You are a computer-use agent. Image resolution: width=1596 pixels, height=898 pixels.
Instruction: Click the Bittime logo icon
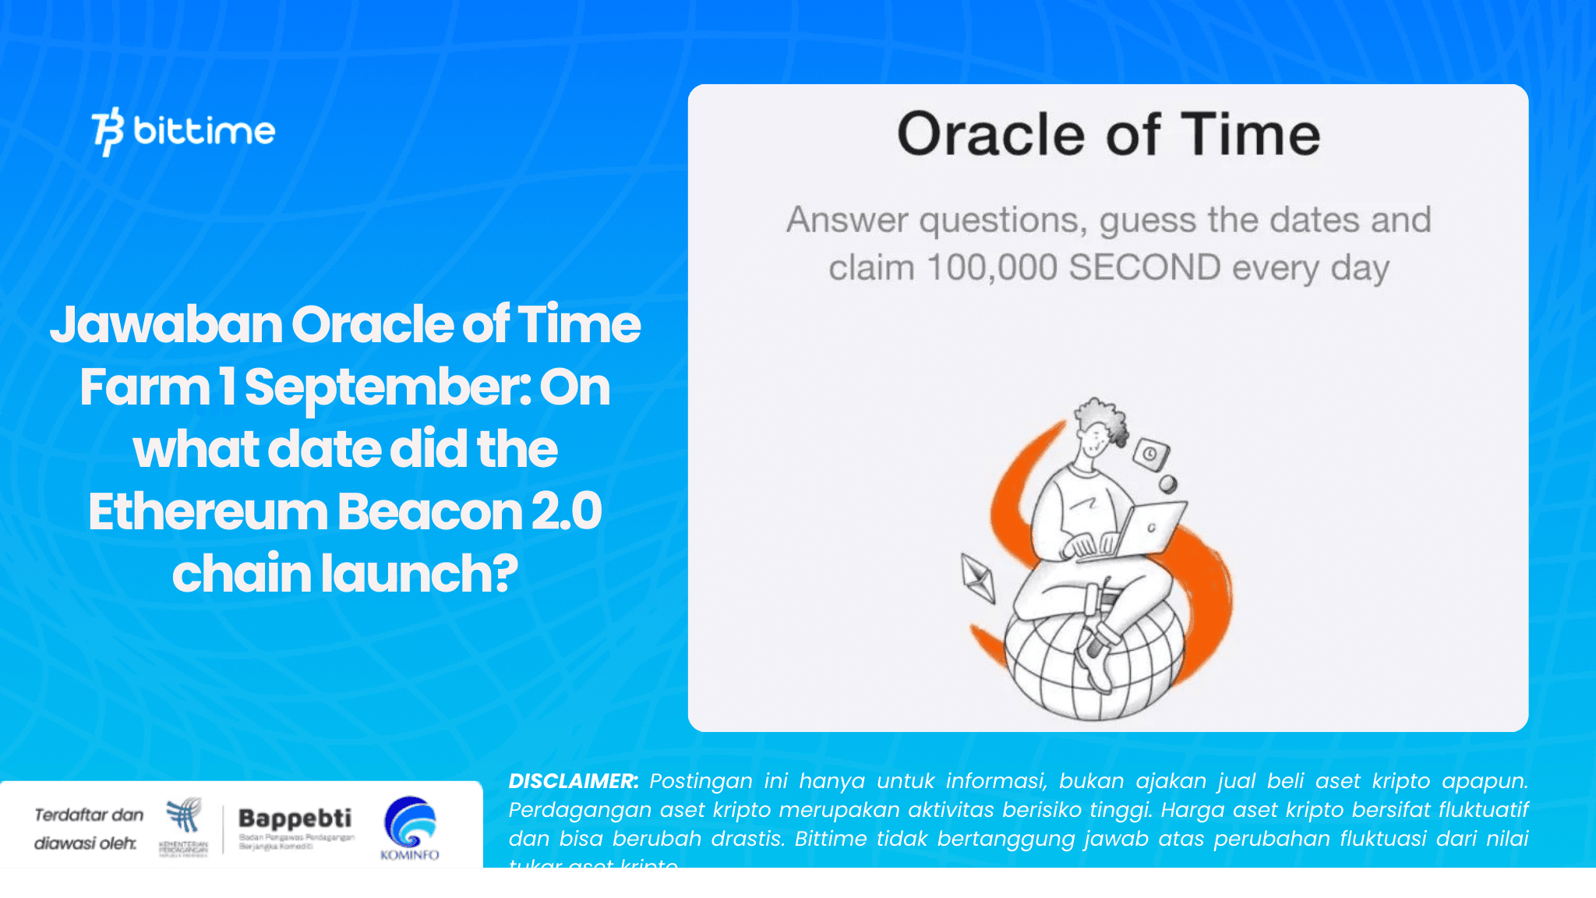coord(108,131)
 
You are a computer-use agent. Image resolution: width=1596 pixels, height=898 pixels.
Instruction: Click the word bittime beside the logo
coord(204,131)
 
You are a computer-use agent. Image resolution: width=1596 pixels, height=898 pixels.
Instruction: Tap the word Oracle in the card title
coord(990,134)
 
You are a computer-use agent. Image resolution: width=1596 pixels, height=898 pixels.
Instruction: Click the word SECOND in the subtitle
coord(1144,268)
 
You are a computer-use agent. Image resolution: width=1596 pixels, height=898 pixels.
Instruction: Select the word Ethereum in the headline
coord(207,512)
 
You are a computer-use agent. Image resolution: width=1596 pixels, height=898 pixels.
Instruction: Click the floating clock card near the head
coord(1150,454)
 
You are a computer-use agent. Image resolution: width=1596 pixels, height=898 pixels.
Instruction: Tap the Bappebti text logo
coord(295,818)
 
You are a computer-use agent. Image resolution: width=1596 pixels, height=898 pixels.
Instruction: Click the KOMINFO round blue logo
coord(410,823)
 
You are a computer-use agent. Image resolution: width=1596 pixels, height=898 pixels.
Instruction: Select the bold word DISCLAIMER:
coord(573,781)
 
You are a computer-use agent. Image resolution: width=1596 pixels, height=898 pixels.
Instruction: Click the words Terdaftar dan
coord(89,815)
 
